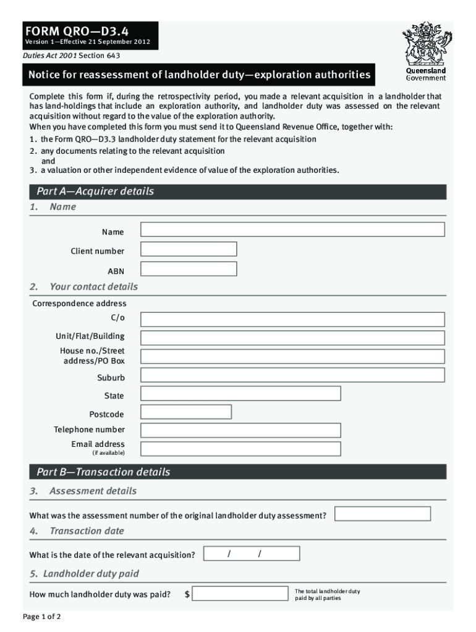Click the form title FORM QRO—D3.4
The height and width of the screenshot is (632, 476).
(x=77, y=30)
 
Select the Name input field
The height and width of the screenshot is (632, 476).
(x=292, y=230)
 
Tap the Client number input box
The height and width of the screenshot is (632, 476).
(x=189, y=249)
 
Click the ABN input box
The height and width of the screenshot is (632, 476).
(x=189, y=269)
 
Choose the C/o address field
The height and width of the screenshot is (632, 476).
(x=292, y=319)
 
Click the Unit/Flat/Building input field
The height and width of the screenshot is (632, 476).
(x=292, y=338)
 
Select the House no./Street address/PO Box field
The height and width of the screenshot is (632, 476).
(x=292, y=356)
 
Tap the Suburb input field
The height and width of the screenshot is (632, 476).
(x=292, y=375)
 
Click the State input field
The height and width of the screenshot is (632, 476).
(x=240, y=394)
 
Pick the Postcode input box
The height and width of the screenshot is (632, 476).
(x=186, y=412)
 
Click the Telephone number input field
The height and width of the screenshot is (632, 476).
(x=240, y=430)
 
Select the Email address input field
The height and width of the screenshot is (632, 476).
(x=240, y=449)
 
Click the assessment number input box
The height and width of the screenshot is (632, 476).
(x=383, y=514)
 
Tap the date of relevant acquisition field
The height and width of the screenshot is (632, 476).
(x=252, y=554)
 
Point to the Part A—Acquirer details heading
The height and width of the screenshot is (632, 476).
(x=95, y=191)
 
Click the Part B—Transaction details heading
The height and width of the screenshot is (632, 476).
(x=103, y=472)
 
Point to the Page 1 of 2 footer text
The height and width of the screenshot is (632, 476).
(x=41, y=617)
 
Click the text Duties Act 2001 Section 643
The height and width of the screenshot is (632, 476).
(x=72, y=56)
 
